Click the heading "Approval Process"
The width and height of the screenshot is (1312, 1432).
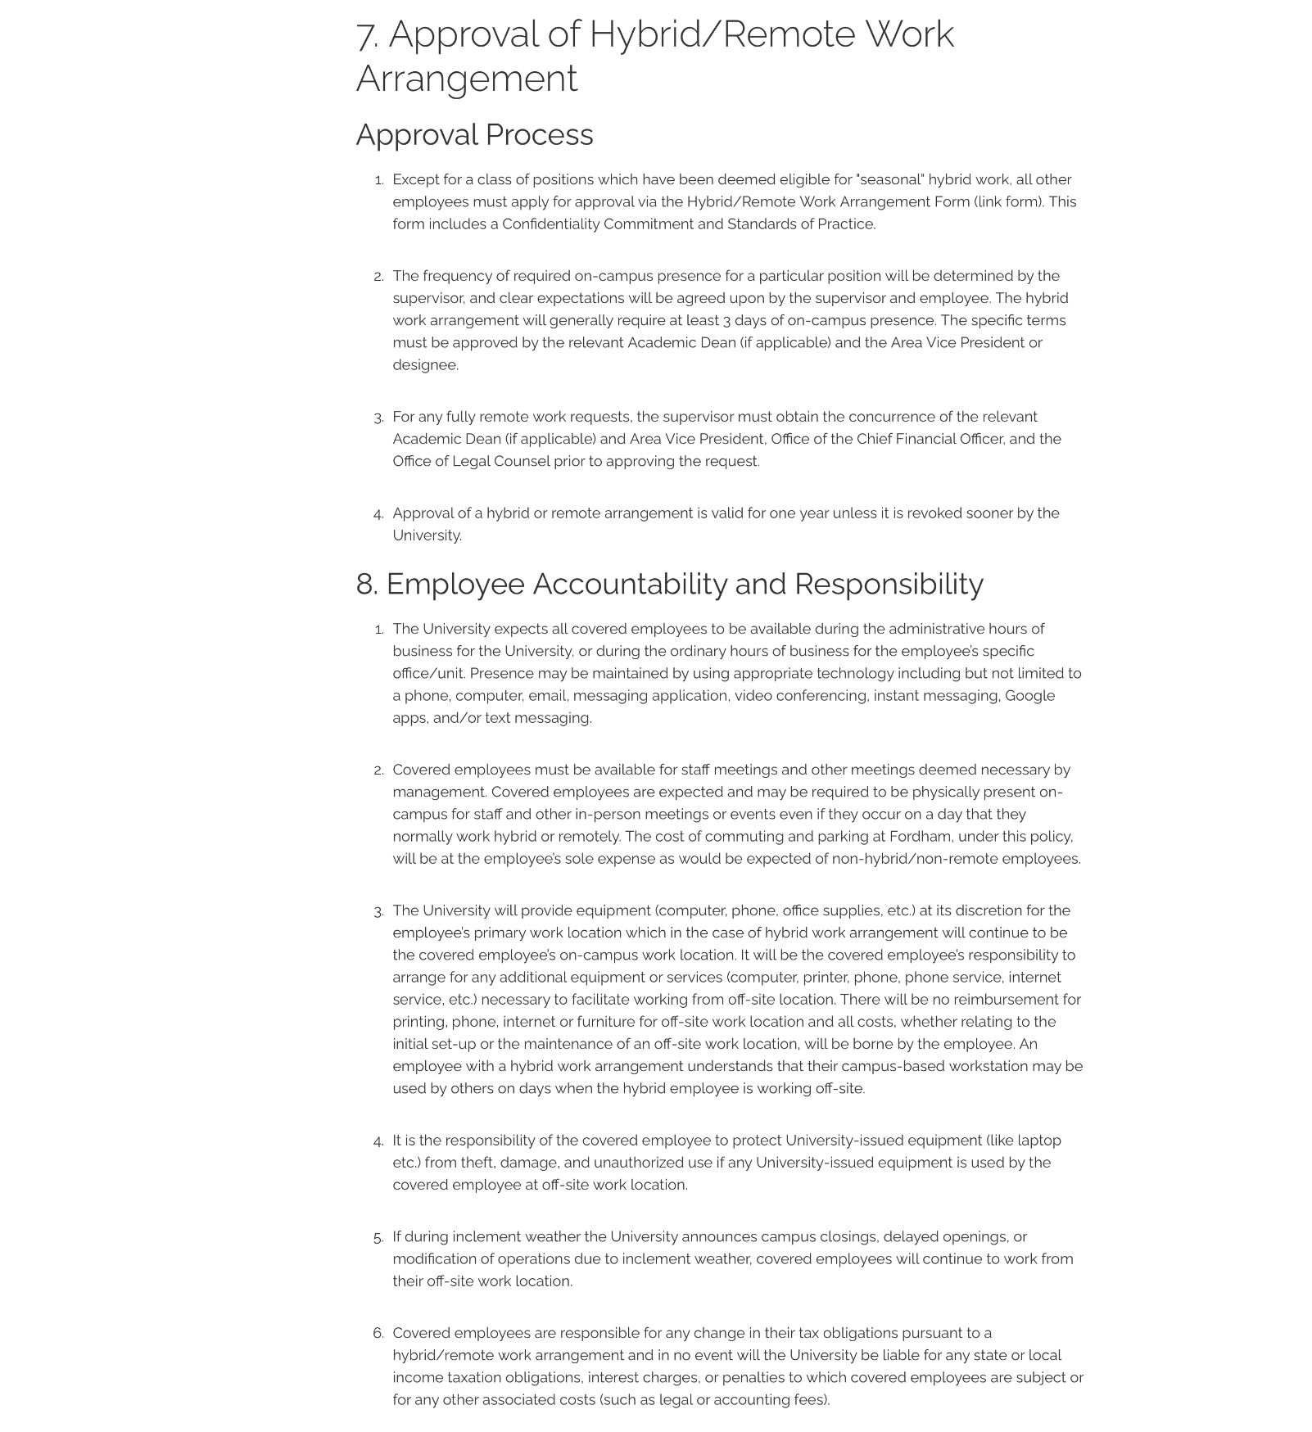pyautogui.click(x=474, y=135)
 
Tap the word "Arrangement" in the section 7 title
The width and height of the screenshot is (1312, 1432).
pyautogui.click(x=467, y=79)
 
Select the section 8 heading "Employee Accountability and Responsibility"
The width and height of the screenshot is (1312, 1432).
pyautogui.click(x=684, y=585)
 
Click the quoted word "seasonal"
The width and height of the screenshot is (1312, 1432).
pyautogui.click(x=889, y=180)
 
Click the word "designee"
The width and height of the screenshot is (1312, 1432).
pyautogui.click(x=424, y=365)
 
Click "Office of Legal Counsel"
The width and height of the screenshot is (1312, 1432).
pyautogui.click(x=471, y=462)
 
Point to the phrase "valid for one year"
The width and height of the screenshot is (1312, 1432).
pyautogui.click(x=770, y=514)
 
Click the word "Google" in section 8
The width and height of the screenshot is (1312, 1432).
pyautogui.click(x=1029, y=696)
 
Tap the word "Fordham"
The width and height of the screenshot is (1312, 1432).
pyautogui.click(x=920, y=837)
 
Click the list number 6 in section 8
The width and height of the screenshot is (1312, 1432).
pyautogui.click(x=378, y=1334)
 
